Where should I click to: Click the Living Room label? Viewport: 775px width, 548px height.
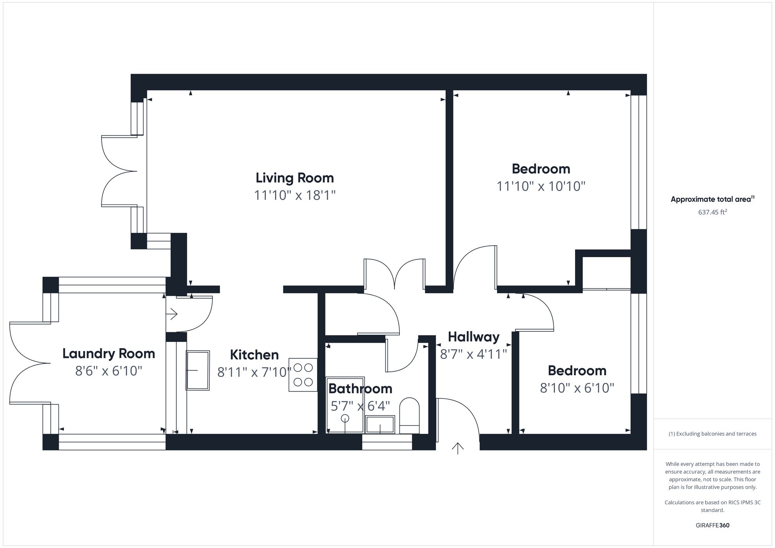pos(294,178)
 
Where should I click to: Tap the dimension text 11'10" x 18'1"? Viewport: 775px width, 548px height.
pos(294,195)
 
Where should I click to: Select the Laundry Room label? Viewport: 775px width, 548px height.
pos(108,354)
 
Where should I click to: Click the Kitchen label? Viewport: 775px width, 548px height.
pos(254,355)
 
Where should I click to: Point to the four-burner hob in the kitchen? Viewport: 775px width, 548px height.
pos(303,374)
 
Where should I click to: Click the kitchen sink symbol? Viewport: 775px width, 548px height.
pos(198,370)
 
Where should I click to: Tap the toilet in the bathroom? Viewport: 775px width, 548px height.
pos(410,415)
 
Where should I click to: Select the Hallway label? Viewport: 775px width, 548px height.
pos(474,337)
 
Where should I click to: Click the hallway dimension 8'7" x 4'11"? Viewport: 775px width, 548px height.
pos(474,354)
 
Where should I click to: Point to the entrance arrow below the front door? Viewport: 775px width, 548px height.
pos(458,448)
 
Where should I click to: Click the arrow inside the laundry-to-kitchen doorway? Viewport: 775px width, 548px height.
pos(172,314)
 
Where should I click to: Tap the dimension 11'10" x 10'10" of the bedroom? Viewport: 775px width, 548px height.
pos(541,186)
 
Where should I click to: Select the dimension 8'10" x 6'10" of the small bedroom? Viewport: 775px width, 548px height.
pos(577,388)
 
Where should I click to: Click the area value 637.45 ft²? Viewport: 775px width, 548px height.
pos(712,212)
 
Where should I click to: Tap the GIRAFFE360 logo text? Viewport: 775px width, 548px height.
pos(712,526)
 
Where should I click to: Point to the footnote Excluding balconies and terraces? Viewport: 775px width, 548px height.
pos(712,434)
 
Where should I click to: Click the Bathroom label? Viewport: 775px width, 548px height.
pos(360,388)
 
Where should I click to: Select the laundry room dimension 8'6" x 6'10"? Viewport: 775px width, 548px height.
pos(108,371)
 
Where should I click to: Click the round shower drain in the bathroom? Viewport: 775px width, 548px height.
pos(345,418)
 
